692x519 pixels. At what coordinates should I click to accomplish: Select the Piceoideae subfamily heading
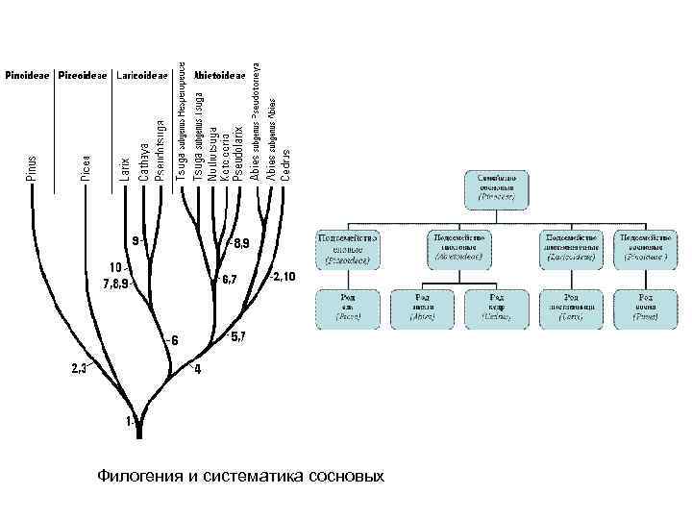click(83, 75)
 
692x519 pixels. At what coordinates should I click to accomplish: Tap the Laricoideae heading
click(142, 75)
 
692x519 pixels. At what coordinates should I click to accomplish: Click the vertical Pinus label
click(32, 167)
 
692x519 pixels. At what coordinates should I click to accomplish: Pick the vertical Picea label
click(86, 167)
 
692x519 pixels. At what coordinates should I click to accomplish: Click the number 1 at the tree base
click(130, 422)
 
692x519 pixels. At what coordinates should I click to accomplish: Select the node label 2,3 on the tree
click(79, 366)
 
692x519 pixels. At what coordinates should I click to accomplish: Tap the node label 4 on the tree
click(197, 369)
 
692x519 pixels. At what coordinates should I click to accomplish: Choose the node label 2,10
click(284, 277)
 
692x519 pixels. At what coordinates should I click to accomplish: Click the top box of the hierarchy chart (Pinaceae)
click(498, 189)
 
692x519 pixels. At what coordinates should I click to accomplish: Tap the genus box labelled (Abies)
click(423, 307)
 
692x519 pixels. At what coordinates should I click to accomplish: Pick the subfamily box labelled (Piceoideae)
click(348, 247)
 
